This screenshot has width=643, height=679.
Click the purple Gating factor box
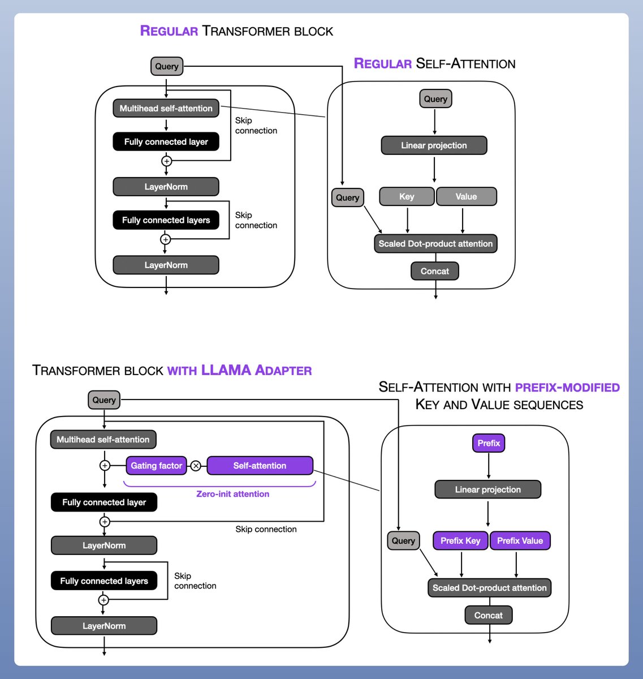tap(156, 466)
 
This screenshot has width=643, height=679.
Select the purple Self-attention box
tap(260, 466)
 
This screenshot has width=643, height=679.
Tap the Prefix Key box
tap(460, 540)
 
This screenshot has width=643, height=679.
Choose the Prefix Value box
tap(520, 540)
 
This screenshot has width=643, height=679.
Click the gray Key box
tap(407, 196)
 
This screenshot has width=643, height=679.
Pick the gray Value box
tap(466, 196)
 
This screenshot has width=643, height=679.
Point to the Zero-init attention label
tap(232, 494)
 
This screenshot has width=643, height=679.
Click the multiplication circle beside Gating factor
tap(196, 466)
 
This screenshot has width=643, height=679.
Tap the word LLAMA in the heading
tap(226, 370)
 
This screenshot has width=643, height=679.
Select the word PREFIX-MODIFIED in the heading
tap(567, 388)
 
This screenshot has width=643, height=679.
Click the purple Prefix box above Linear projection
tap(489, 443)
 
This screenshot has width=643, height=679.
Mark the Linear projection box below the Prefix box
tap(487, 489)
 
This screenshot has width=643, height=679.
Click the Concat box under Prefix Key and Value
tap(489, 615)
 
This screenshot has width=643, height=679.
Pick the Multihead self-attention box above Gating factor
tap(103, 439)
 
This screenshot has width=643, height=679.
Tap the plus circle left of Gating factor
tap(105, 466)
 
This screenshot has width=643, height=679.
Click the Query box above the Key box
tap(435, 98)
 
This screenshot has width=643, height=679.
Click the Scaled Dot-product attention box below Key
tap(435, 243)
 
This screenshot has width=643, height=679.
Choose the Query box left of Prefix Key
tap(403, 540)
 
